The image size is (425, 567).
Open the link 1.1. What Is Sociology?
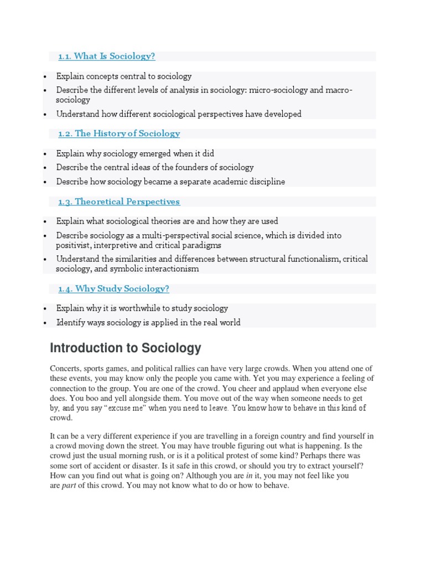click(x=107, y=56)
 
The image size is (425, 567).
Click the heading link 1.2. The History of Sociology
click(x=119, y=133)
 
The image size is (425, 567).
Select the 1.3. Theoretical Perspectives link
click(x=119, y=202)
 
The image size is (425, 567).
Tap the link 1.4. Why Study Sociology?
click(x=113, y=288)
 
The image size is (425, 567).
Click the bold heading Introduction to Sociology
click(x=126, y=348)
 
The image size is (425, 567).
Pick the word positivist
click(x=73, y=245)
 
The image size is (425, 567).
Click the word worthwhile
click(x=147, y=308)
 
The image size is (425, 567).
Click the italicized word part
click(x=69, y=486)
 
